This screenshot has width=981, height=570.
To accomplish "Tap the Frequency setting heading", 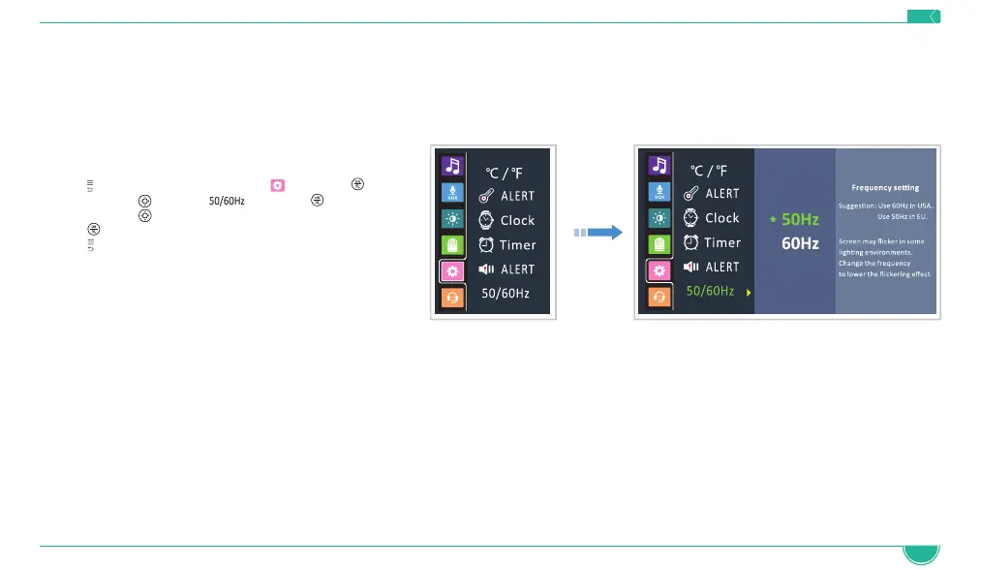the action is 885,187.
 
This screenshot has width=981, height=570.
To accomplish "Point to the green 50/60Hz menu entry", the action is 710,291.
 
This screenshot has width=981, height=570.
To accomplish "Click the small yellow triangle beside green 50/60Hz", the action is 748,292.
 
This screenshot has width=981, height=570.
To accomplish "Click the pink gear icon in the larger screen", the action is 659,271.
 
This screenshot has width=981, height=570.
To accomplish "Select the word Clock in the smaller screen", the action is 517,220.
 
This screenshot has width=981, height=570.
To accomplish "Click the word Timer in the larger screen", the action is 722,242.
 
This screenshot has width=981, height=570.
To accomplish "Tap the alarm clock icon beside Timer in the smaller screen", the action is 487,245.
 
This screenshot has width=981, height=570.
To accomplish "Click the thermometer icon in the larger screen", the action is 691,194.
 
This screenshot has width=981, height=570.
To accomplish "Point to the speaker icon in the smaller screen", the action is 487,269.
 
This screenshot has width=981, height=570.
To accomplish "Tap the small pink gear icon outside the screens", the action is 277,184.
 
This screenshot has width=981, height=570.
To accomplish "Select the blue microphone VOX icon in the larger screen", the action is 659,190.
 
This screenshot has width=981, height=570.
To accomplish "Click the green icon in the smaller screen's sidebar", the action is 451,245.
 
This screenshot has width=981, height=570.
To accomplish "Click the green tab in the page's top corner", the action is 924,16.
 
